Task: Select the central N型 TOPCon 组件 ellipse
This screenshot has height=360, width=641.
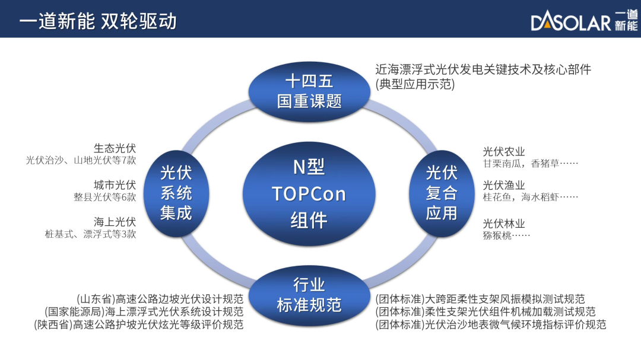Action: tap(309, 194)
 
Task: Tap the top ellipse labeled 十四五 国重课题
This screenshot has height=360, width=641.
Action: tap(309, 91)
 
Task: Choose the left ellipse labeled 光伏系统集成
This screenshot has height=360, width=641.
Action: tap(176, 193)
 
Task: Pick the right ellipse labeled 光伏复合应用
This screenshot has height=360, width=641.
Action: tap(442, 193)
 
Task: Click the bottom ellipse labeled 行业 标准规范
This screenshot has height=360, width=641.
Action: tap(309, 295)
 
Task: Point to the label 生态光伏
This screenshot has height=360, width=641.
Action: tap(115, 148)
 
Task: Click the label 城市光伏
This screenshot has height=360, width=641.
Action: tap(115, 185)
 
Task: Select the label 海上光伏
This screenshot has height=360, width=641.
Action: tap(115, 222)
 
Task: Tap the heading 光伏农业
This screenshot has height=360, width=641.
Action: tap(504, 152)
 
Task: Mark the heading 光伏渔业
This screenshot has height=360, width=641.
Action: tap(504, 185)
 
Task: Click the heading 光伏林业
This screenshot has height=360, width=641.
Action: tap(504, 224)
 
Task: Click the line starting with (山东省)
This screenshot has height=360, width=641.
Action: tap(160, 299)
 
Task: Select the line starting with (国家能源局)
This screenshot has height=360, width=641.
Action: tap(144, 312)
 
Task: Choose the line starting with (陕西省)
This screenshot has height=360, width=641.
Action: tap(138, 324)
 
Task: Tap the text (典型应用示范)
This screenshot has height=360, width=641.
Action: tap(415, 84)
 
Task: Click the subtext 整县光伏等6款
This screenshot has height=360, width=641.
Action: tap(104, 197)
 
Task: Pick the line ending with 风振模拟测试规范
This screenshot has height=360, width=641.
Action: tap(480, 299)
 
